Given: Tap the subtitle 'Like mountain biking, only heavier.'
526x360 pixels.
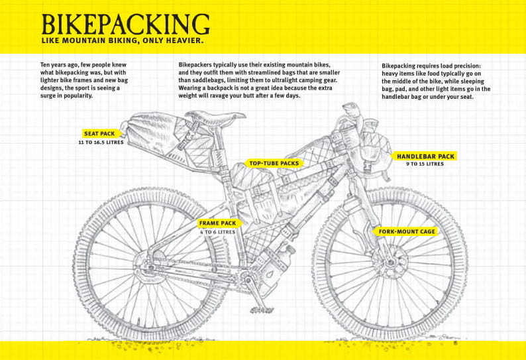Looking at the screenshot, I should [122, 41].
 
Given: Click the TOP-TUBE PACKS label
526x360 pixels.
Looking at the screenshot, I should [274, 162].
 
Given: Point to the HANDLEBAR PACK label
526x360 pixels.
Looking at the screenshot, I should [425, 156].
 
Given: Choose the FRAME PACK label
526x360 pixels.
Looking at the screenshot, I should [217, 223].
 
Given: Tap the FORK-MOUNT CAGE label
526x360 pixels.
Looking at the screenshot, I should [407, 231].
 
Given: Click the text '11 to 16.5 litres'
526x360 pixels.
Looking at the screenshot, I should [99, 143].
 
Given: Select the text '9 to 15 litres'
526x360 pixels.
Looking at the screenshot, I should [425, 164].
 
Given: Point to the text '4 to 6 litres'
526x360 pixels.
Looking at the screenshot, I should [217, 233].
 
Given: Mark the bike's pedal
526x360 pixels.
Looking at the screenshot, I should [261, 310].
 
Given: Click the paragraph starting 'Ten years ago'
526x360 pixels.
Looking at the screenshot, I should [83, 80].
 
